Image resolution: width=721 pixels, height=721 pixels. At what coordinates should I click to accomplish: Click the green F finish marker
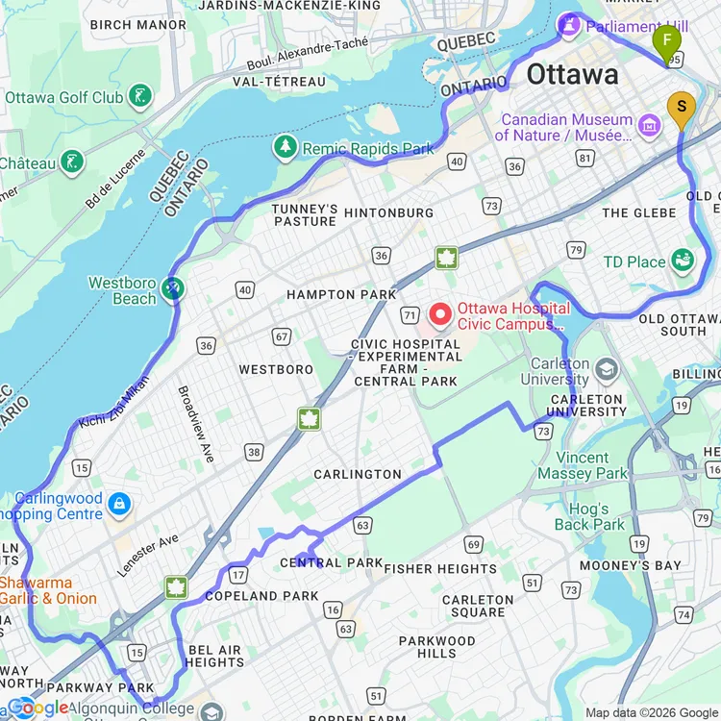pos(666,41)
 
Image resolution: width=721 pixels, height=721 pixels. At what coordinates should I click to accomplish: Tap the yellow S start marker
pos(681,108)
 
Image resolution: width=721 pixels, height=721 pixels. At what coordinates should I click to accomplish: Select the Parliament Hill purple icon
pos(569,25)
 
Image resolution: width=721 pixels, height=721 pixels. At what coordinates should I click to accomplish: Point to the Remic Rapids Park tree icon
pos(285,147)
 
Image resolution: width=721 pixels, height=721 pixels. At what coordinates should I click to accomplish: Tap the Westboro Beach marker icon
pos(172,287)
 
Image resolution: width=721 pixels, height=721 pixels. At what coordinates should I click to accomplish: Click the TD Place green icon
pos(683,261)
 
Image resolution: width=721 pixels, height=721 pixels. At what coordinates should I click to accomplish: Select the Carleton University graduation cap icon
pos(606,369)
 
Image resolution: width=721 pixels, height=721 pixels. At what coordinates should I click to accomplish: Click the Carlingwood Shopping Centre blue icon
pos(118,503)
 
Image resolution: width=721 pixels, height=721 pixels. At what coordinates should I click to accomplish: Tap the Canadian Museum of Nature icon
pos(649,124)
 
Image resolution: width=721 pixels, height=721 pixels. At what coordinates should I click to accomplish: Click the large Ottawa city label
pos(572,75)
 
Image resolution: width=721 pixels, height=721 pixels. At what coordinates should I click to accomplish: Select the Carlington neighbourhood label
pos(358,474)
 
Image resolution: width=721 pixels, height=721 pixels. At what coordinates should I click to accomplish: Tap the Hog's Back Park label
pos(588,517)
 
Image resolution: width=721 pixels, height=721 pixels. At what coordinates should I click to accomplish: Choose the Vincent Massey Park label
pos(583,465)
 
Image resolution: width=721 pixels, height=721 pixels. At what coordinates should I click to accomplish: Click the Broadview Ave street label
pos(195,424)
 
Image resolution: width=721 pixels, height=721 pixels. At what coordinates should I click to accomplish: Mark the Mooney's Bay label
pos(642,565)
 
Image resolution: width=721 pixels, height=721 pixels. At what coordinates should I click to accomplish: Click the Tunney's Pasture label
pos(304,214)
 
